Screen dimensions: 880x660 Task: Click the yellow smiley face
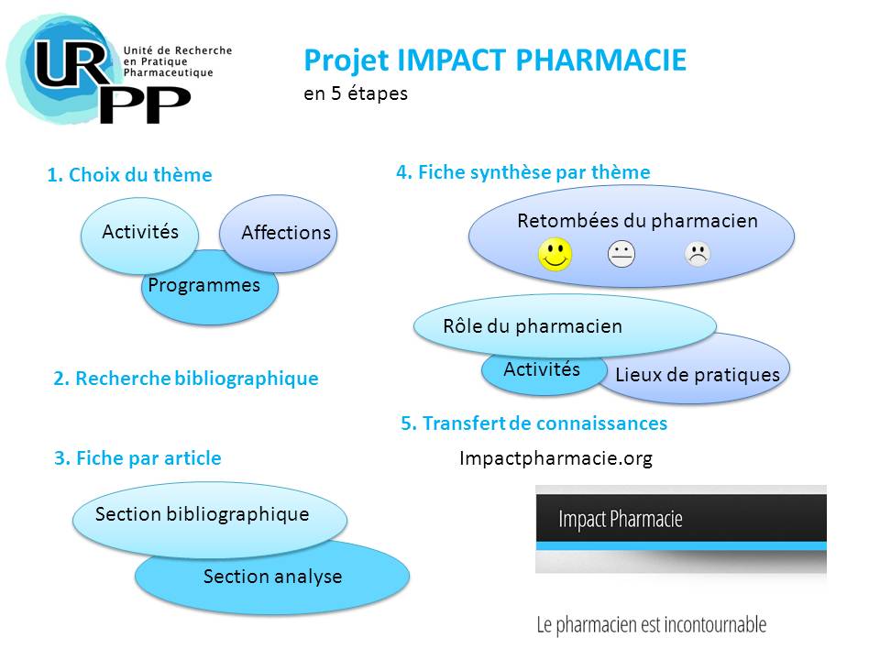pyautogui.click(x=555, y=254)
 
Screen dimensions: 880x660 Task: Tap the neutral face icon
pyautogui.click(x=621, y=254)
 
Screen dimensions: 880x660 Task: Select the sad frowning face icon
pyautogui.click(x=698, y=254)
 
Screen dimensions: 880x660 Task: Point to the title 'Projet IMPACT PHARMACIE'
pyautogui.click(x=495, y=60)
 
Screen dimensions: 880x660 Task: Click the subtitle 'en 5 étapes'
pyautogui.click(x=356, y=93)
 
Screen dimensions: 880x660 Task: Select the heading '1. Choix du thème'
pyautogui.click(x=129, y=175)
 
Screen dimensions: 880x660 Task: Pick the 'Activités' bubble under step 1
pyautogui.click(x=139, y=236)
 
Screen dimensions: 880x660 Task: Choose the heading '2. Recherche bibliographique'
pyautogui.click(x=186, y=379)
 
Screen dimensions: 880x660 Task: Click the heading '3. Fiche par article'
pyautogui.click(x=137, y=458)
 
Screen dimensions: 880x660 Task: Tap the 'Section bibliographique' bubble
pyautogui.click(x=209, y=519)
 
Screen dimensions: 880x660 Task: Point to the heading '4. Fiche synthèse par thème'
pyautogui.click(x=523, y=171)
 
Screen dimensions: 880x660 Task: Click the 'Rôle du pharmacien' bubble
pyautogui.click(x=565, y=326)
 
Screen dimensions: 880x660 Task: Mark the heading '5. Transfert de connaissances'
pyautogui.click(x=533, y=423)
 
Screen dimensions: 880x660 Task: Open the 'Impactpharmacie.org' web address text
pyautogui.click(x=555, y=458)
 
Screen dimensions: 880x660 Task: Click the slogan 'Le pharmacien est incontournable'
pyautogui.click(x=652, y=624)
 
